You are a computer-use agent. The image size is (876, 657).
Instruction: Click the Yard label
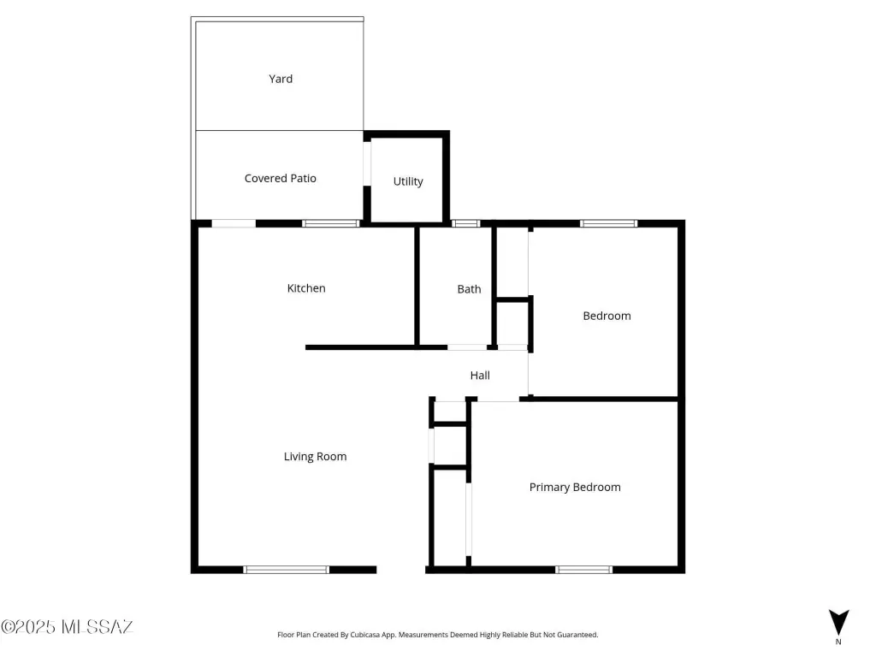pyautogui.click(x=281, y=79)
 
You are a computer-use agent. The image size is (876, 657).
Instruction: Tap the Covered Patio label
pyautogui.click(x=281, y=178)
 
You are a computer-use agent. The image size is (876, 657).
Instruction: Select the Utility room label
pyautogui.click(x=408, y=181)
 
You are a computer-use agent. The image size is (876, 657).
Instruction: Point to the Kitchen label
pyautogui.click(x=306, y=288)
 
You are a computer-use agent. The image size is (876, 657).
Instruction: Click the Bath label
pyautogui.click(x=470, y=289)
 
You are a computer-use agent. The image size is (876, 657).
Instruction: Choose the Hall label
pyautogui.click(x=480, y=376)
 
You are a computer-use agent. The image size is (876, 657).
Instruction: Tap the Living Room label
pyautogui.click(x=315, y=457)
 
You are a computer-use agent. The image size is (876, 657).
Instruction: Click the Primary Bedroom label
pyautogui.click(x=575, y=487)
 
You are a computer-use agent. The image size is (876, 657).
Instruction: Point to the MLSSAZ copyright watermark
pyautogui.click(x=67, y=627)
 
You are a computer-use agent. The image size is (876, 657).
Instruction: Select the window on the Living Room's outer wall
pyautogui.click(x=286, y=570)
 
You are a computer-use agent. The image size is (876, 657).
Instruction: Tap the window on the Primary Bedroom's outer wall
pyautogui.click(x=583, y=570)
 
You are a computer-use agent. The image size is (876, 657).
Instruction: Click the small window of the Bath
pyautogui.click(x=466, y=223)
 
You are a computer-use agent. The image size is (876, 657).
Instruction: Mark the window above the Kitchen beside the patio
pyautogui.click(x=331, y=223)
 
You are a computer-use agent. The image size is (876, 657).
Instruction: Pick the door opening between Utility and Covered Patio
pyautogui.click(x=367, y=163)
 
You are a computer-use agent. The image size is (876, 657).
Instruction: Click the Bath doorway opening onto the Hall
pyautogui.click(x=467, y=347)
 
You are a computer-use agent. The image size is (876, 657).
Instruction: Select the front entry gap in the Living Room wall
pyautogui.click(x=401, y=570)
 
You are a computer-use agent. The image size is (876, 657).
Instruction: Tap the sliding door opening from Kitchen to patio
pyautogui.click(x=234, y=223)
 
